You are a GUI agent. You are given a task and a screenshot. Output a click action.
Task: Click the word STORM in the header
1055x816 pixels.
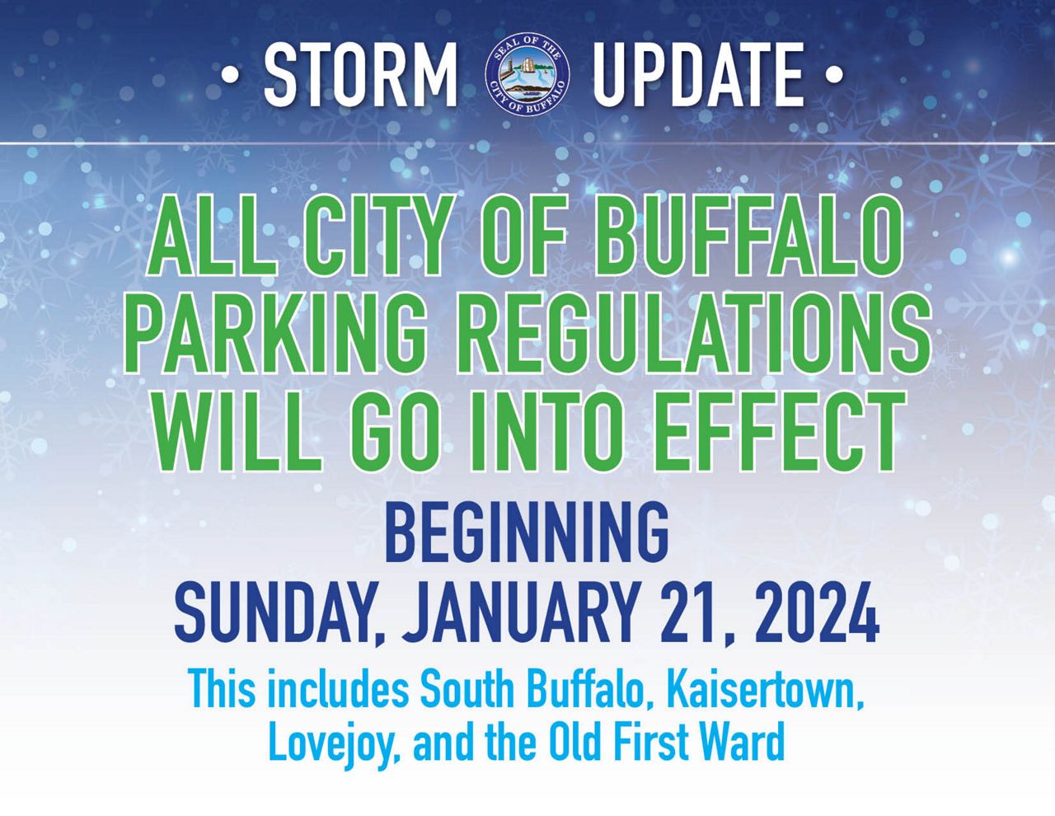tap(360, 75)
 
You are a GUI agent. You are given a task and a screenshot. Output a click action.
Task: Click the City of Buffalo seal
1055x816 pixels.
tap(527, 76)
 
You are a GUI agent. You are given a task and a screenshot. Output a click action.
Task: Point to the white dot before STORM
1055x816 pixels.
tap(230, 76)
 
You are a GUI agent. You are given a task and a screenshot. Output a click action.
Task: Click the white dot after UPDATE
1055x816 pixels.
tap(835, 76)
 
